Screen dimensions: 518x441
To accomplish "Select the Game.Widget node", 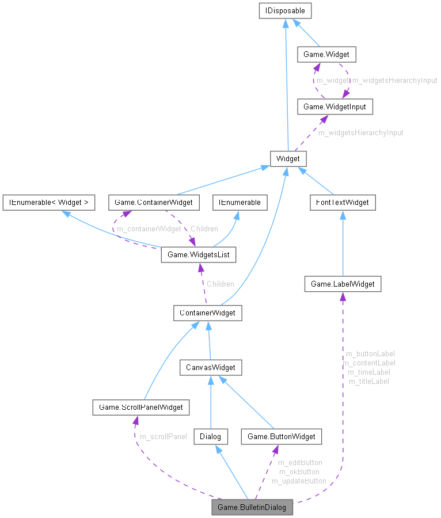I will click(326, 55).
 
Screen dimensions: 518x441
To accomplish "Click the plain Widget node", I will click(288, 158).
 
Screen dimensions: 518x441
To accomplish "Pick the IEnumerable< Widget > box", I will click(48, 202).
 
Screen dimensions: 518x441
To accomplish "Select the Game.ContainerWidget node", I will click(154, 202).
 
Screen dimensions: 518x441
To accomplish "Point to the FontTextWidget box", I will click(343, 202).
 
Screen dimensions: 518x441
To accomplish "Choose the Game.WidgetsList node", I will click(199, 254).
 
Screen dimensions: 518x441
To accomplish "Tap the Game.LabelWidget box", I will click(343, 284).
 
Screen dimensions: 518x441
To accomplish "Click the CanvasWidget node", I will click(210, 367).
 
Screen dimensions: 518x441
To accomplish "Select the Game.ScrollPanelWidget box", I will click(140, 407).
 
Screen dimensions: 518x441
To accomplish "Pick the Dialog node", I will click(210, 436).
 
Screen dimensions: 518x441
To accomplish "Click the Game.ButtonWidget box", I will click(281, 436).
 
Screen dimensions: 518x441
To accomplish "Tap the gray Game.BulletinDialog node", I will click(252, 507).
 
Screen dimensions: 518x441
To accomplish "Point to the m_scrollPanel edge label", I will click(164, 436).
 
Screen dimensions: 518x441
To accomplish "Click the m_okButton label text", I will click(299, 471).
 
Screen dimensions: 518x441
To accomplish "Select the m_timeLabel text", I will click(369, 372).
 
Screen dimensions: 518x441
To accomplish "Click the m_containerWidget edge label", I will click(149, 228).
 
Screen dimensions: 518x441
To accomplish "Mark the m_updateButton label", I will click(299, 481).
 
